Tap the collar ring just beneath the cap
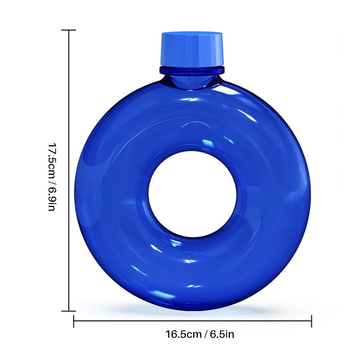pyautogui.click(x=192, y=70)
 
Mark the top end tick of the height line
pyautogui.click(x=68, y=30)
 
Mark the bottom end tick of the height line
pyautogui.click(x=68, y=310)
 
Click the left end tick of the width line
pyautogui.click(x=74, y=321)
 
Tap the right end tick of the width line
pyautogui.click(x=311, y=321)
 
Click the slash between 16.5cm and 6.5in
pyautogui.click(x=204, y=334)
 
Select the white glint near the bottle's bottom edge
pyautogui.click(x=193, y=286)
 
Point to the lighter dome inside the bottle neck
pyautogui.click(x=191, y=81)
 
